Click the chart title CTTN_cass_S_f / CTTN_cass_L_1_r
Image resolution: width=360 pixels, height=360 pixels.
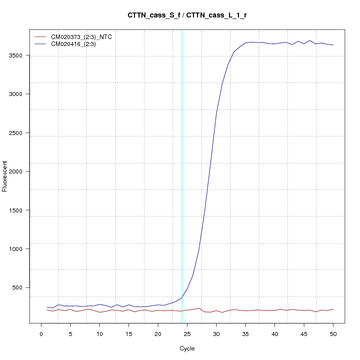point(187,15)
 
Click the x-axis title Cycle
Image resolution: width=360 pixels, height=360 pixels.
point(187,348)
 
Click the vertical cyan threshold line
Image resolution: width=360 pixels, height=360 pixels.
point(182,175)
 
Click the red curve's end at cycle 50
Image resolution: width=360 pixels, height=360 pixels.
point(333,309)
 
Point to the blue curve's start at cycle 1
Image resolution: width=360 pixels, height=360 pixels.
point(47,307)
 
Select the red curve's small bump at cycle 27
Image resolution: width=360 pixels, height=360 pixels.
point(199,308)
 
